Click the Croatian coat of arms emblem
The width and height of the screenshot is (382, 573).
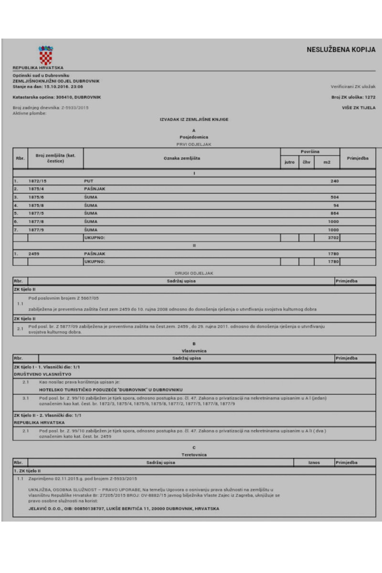(x=45, y=55)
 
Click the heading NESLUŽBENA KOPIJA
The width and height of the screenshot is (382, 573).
(x=341, y=50)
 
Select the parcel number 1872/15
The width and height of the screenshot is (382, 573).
(x=38, y=181)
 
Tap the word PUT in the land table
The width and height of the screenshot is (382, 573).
(x=88, y=181)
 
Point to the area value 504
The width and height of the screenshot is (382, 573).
(x=334, y=197)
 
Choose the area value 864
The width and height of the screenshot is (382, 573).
(x=334, y=213)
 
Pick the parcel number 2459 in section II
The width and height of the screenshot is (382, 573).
(x=35, y=254)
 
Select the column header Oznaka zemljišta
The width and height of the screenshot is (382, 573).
(x=181, y=158)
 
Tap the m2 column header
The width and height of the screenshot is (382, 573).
(x=327, y=162)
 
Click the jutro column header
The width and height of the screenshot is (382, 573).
(x=289, y=162)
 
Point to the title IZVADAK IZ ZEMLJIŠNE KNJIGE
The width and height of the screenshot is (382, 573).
(x=194, y=119)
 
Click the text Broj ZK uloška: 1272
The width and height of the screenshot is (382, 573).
(x=353, y=97)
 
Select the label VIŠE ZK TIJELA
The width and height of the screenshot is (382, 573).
(x=359, y=108)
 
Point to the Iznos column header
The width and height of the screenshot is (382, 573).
(x=314, y=462)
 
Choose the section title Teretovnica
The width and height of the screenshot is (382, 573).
(x=194, y=455)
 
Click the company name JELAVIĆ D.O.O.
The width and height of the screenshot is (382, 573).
(x=47, y=509)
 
